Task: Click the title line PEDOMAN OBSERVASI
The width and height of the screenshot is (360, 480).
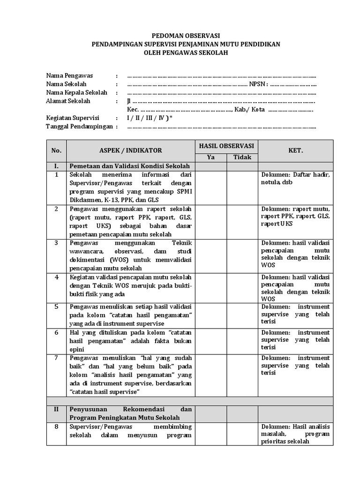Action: coord(180,36)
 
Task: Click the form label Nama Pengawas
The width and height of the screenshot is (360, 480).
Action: coord(69,75)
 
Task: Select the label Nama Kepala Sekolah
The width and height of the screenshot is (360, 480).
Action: coord(77,92)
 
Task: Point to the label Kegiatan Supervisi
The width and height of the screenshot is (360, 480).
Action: coord(75,118)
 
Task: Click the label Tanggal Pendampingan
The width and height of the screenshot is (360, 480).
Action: coord(79,126)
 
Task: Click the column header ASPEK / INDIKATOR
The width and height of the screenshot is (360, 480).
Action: coord(130,150)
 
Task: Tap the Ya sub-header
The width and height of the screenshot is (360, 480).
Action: coord(211,157)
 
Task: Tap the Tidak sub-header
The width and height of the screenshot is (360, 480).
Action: coord(242,157)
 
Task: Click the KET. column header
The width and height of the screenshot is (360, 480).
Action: coord(295,150)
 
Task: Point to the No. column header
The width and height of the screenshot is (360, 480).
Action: coord(56,150)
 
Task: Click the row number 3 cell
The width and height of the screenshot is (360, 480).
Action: coord(56,242)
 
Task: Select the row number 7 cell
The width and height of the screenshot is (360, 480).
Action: coord(56,358)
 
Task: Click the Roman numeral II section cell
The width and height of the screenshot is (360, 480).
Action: coord(56,409)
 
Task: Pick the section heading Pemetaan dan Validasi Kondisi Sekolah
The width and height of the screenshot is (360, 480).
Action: coord(129,166)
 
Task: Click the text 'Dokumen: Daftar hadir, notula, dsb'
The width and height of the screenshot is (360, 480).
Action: coord(295,178)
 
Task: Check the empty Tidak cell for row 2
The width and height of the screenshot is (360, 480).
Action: coord(242,221)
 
